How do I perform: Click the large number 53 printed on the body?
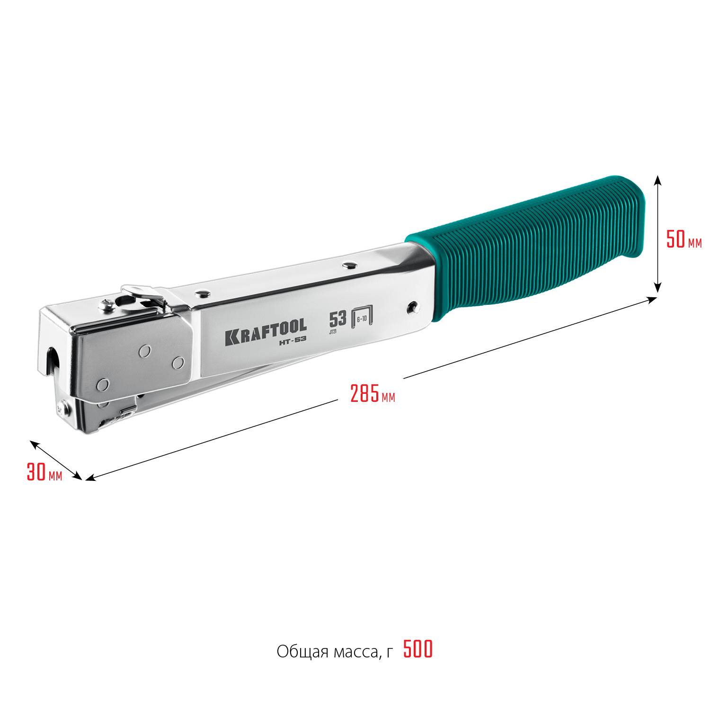pos(337,319)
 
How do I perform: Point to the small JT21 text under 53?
pos(333,332)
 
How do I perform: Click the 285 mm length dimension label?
pos(372,394)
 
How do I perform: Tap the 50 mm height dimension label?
pos(683,240)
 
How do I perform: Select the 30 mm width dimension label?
pos(44,472)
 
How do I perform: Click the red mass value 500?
pos(418,649)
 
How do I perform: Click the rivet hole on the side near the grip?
pos(413,307)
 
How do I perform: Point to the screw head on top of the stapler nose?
pos(106,306)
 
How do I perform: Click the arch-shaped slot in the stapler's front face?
pos(53,360)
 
